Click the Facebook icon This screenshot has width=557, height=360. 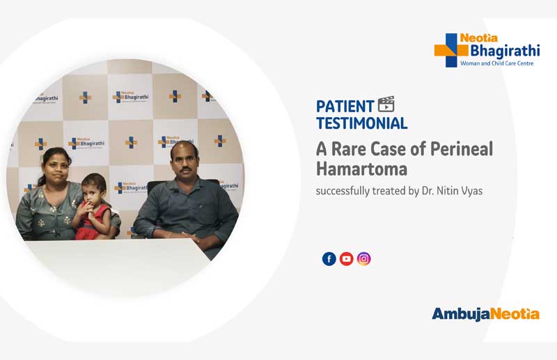pos(329,259)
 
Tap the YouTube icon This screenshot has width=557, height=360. pos(346,259)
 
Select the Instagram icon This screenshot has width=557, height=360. pos(363,259)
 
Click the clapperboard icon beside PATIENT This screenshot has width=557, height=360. pos(386,105)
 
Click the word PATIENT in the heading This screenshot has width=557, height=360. pos(345,107)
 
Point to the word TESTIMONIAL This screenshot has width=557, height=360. pos(361,123)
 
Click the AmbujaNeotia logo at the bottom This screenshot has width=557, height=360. pos(485,314)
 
